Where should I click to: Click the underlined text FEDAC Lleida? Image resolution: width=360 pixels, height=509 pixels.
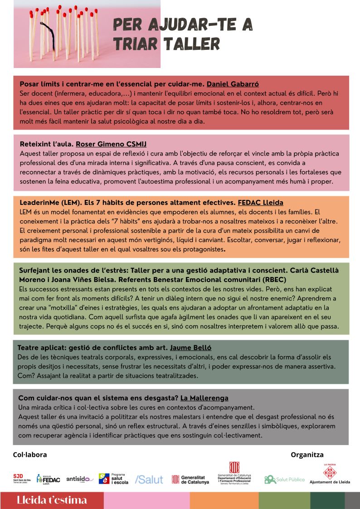click(x=260, y=203)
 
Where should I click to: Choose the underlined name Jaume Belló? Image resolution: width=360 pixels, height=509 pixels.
click(x=190, y=348)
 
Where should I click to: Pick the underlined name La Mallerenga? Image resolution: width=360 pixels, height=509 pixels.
click(x=204, y=398)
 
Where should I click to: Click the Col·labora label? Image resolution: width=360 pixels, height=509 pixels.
click(x=30, y=455)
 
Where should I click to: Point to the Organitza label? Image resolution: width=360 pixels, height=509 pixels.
click(x=307, y=455)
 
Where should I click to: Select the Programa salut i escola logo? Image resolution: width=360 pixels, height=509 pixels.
click(x=113, y=479)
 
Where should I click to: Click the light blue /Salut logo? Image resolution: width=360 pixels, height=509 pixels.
click(x=149, y=479)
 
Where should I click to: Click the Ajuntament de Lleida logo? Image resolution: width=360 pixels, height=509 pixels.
click(x=330, y=475)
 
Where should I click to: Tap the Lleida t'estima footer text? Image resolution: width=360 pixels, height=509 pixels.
click(x=51, y=500)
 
